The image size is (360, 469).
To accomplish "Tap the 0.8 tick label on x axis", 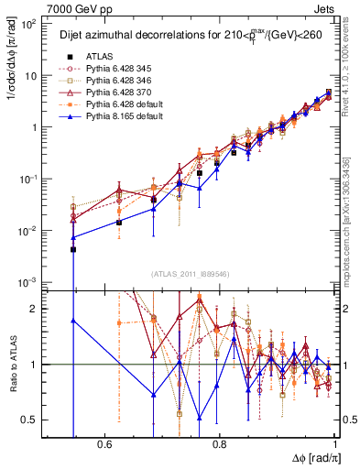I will [220, 444].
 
